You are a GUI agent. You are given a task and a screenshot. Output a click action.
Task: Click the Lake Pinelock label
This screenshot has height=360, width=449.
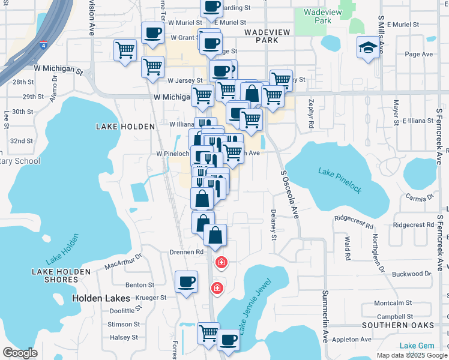(340, 181)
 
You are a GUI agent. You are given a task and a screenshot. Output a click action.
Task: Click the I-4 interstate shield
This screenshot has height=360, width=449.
(43, 44)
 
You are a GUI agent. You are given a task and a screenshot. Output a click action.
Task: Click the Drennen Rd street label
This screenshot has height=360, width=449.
(187, 252)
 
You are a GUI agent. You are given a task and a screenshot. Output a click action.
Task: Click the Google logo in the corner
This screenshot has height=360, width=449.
(20, 352)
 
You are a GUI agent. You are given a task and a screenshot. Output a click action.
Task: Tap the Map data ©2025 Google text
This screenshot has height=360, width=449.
(411, 355)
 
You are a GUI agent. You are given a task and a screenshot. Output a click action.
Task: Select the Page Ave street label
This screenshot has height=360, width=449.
(418, 54)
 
